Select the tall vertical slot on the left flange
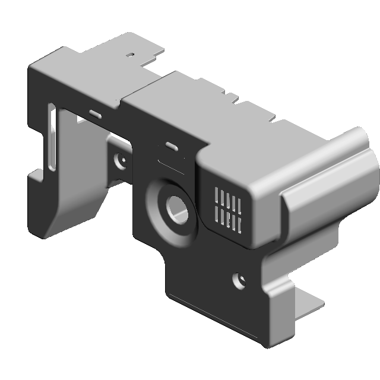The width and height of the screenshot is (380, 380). click(x=52, y=138)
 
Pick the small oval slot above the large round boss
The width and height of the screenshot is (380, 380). click(x=172, y=147)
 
